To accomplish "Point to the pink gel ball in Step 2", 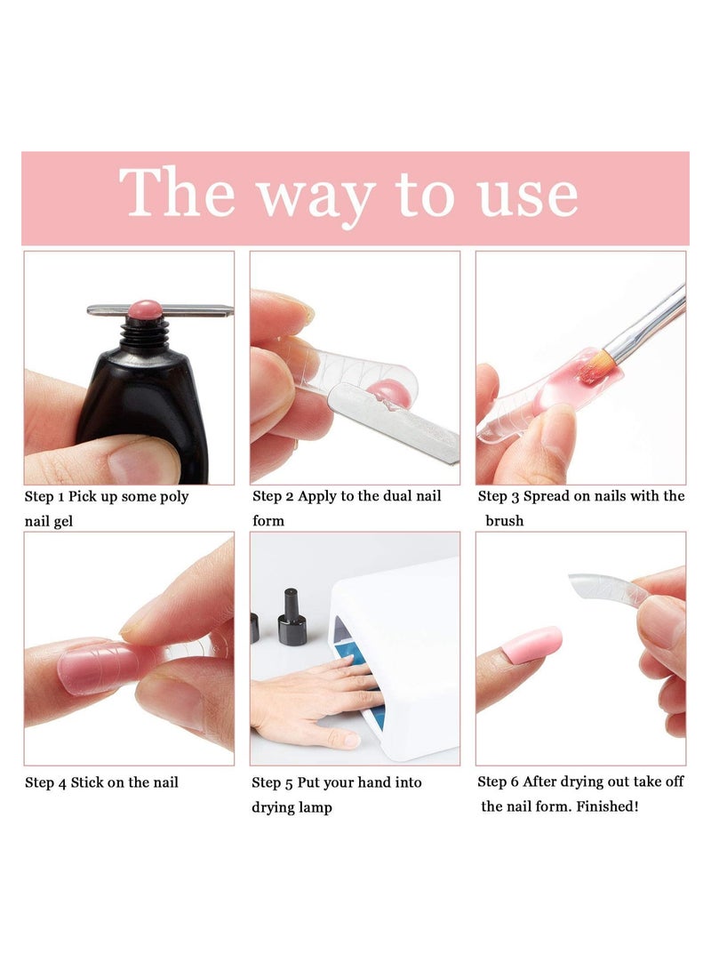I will (x=385, y=392).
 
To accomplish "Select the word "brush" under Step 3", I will (x=505, y=521).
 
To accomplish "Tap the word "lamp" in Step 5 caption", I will (x=316, y=808).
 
